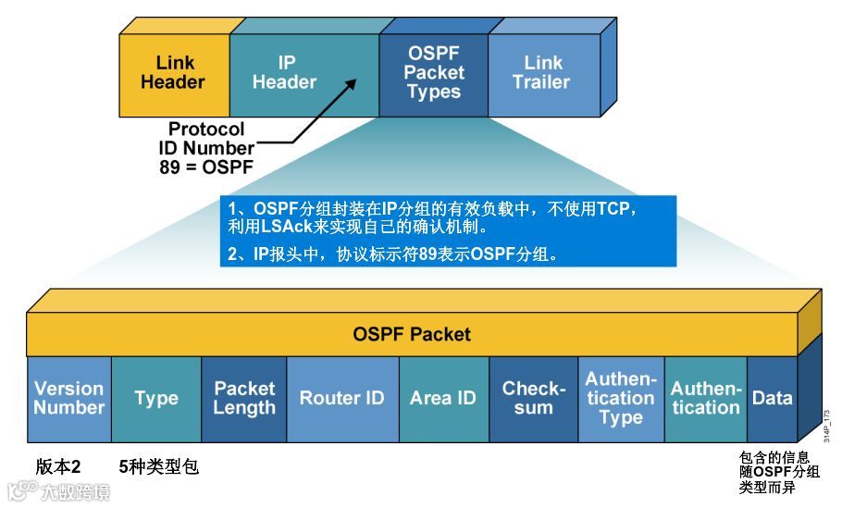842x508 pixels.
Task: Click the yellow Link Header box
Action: click(174, 72)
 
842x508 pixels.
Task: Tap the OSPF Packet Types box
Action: click(433, 72)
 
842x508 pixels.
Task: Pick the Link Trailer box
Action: click(542, 72)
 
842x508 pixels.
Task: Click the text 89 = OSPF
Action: click(206, 167)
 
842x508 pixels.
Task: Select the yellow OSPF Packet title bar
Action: click(412, 334)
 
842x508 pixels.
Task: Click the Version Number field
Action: click(69, 399)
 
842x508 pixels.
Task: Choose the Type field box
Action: click(155, 399)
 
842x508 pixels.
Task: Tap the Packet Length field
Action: click(244, 399)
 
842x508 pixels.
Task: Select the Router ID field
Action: click(341, 399)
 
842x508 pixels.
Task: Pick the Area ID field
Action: click(443, 399)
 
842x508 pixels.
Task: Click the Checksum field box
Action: click(533, 399)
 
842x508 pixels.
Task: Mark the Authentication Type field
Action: click(621, 399)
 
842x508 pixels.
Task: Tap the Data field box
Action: click(772, 399)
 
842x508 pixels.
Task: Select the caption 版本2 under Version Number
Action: click(57, 467)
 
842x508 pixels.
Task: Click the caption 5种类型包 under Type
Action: click(159, 467)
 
